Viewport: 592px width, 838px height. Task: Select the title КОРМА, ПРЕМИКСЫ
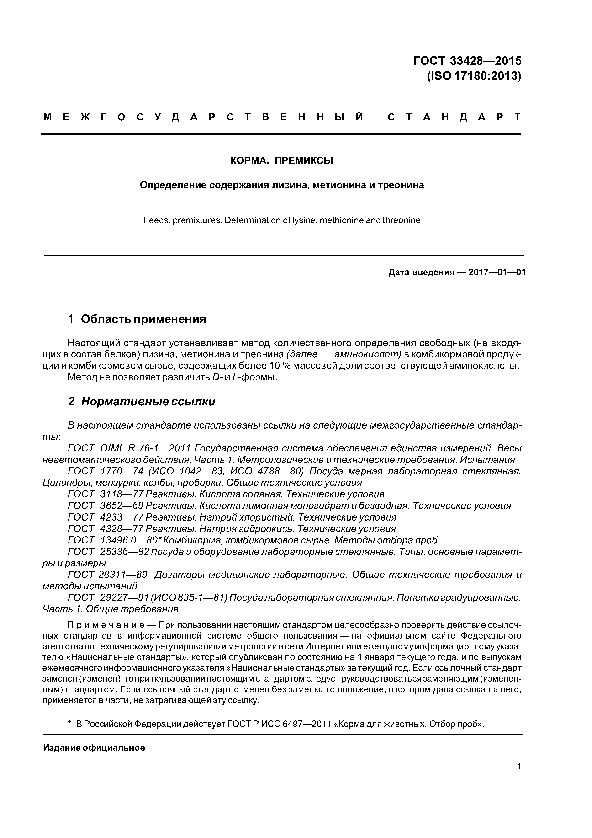click(x=282, y=160)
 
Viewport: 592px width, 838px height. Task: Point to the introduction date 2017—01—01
click(x=497, y=272)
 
